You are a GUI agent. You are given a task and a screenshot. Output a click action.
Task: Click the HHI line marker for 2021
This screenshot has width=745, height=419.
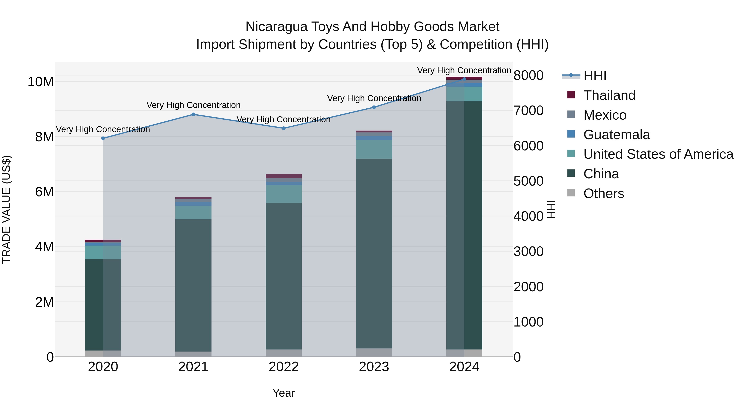click(193, 114)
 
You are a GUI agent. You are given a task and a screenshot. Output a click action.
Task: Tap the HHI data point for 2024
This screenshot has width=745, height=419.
click(464, 79)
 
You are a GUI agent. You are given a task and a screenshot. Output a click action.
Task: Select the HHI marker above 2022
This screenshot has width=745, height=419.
click(284, 128)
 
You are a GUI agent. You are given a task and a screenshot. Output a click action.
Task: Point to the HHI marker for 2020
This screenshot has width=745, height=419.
click(103, 138)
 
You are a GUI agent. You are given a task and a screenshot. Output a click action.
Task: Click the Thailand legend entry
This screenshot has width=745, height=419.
click(609, 95)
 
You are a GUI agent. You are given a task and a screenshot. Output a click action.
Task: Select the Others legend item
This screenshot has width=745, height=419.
click(604, 193)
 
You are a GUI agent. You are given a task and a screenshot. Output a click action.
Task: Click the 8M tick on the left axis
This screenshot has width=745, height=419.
click(44, 137)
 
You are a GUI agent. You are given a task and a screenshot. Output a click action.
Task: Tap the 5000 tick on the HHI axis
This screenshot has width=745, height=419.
click(528, 181)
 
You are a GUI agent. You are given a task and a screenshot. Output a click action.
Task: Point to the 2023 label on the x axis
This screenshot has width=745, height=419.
click(374, 367)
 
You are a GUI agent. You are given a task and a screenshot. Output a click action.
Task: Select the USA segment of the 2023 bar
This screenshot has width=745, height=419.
click(374, 149)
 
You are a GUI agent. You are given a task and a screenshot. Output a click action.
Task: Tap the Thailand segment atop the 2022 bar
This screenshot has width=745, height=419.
click(284, 176)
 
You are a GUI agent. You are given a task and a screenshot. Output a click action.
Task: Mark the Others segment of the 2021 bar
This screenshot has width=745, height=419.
click(193, 354)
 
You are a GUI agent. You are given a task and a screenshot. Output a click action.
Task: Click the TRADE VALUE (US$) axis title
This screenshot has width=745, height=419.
click(7, 209)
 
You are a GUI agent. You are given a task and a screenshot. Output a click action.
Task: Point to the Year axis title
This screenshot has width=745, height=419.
click(284, 393)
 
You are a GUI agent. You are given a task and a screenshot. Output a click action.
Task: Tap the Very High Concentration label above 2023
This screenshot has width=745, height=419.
click(374, 98)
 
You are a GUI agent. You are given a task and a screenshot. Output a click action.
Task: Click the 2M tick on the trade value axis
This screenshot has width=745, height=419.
click(44, 302)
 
